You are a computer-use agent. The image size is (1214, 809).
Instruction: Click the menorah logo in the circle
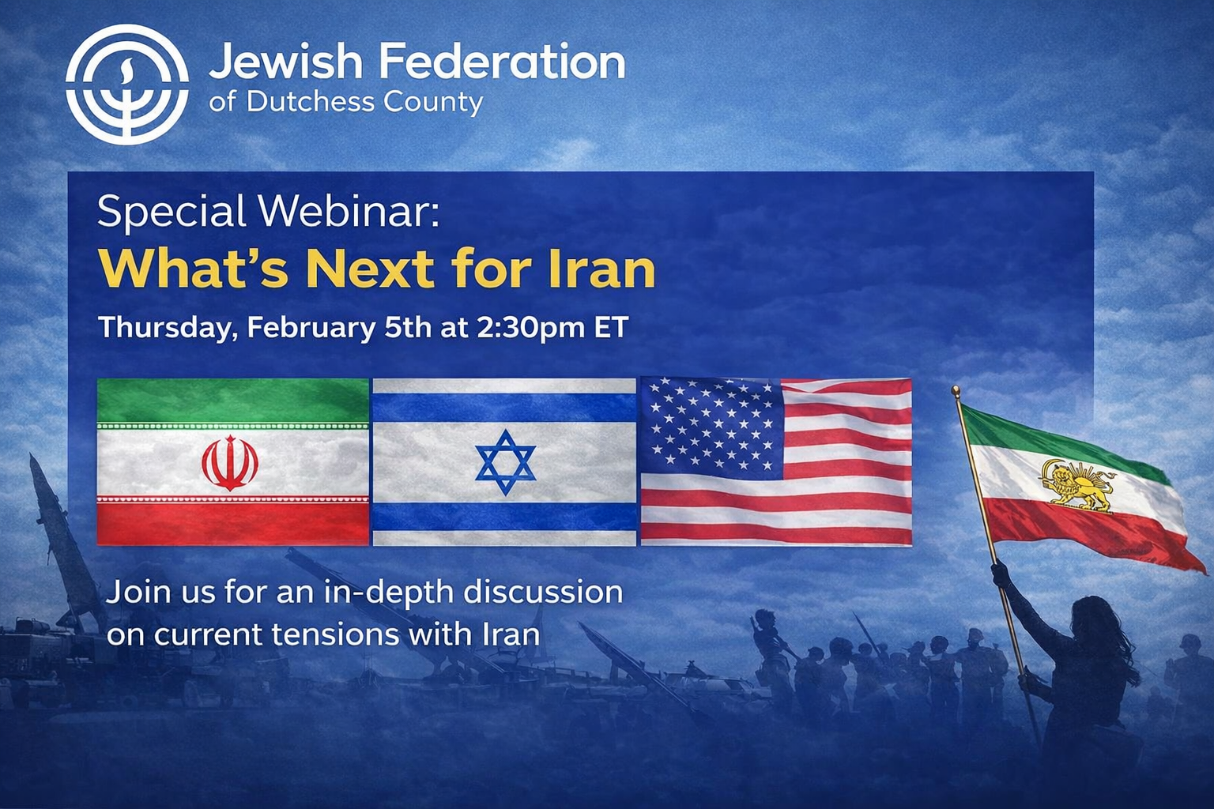(127, 84)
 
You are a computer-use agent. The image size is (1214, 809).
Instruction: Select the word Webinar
(350, 212)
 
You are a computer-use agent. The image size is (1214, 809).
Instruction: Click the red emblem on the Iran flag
(230, 463)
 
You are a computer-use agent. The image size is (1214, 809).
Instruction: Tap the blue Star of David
(505, 462)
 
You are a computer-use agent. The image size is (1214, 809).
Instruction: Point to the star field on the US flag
(712, 428)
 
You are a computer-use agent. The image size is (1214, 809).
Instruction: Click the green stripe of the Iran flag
(233, 401)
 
